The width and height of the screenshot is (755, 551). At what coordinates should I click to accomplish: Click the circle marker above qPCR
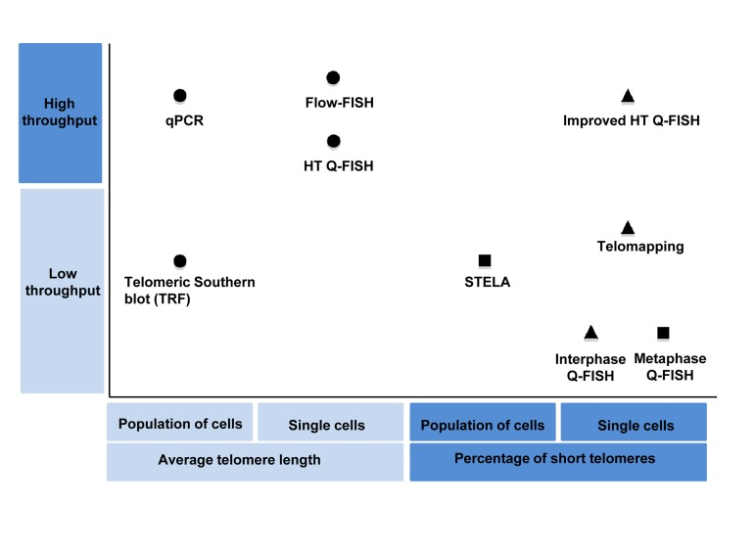click(x=179, y=95)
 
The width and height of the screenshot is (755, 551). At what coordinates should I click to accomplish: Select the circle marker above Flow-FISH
click(x=333, y=77)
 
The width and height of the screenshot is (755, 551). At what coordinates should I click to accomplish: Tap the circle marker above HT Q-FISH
click(x=333, y=142)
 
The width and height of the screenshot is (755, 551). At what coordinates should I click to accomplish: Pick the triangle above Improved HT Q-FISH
click(x=629, y=96)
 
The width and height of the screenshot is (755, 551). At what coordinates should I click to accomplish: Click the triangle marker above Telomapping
click(x=629, y=227)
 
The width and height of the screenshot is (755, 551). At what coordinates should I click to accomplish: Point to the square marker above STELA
click(x=485, y=260)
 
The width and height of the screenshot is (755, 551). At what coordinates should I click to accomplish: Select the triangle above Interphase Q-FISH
click(x=590, y=333)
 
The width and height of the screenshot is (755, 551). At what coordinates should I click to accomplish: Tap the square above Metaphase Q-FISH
click(x=663, y=333)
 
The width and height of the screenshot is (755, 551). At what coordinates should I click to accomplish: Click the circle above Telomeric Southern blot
click(x=179, y=260)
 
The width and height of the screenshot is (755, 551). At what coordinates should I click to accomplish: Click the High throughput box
click(x=61, y=113)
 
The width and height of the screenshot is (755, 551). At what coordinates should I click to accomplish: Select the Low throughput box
click(x=61, y=291)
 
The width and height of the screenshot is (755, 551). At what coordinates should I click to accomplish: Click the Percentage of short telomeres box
click(x=558, y=461)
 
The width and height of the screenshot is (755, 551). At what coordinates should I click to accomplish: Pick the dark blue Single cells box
click(x=634, y=424)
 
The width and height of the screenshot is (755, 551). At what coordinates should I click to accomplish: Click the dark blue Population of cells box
click(x=483, y=424)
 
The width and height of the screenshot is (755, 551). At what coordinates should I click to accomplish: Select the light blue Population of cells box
click(x=180, y=424)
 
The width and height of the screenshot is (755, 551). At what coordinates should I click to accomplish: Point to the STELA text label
click(x=488, y=283)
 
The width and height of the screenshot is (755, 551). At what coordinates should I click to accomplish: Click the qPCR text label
click(x=184, y=122)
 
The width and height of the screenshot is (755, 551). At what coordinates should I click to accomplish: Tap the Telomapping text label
click(x=640, y=248)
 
